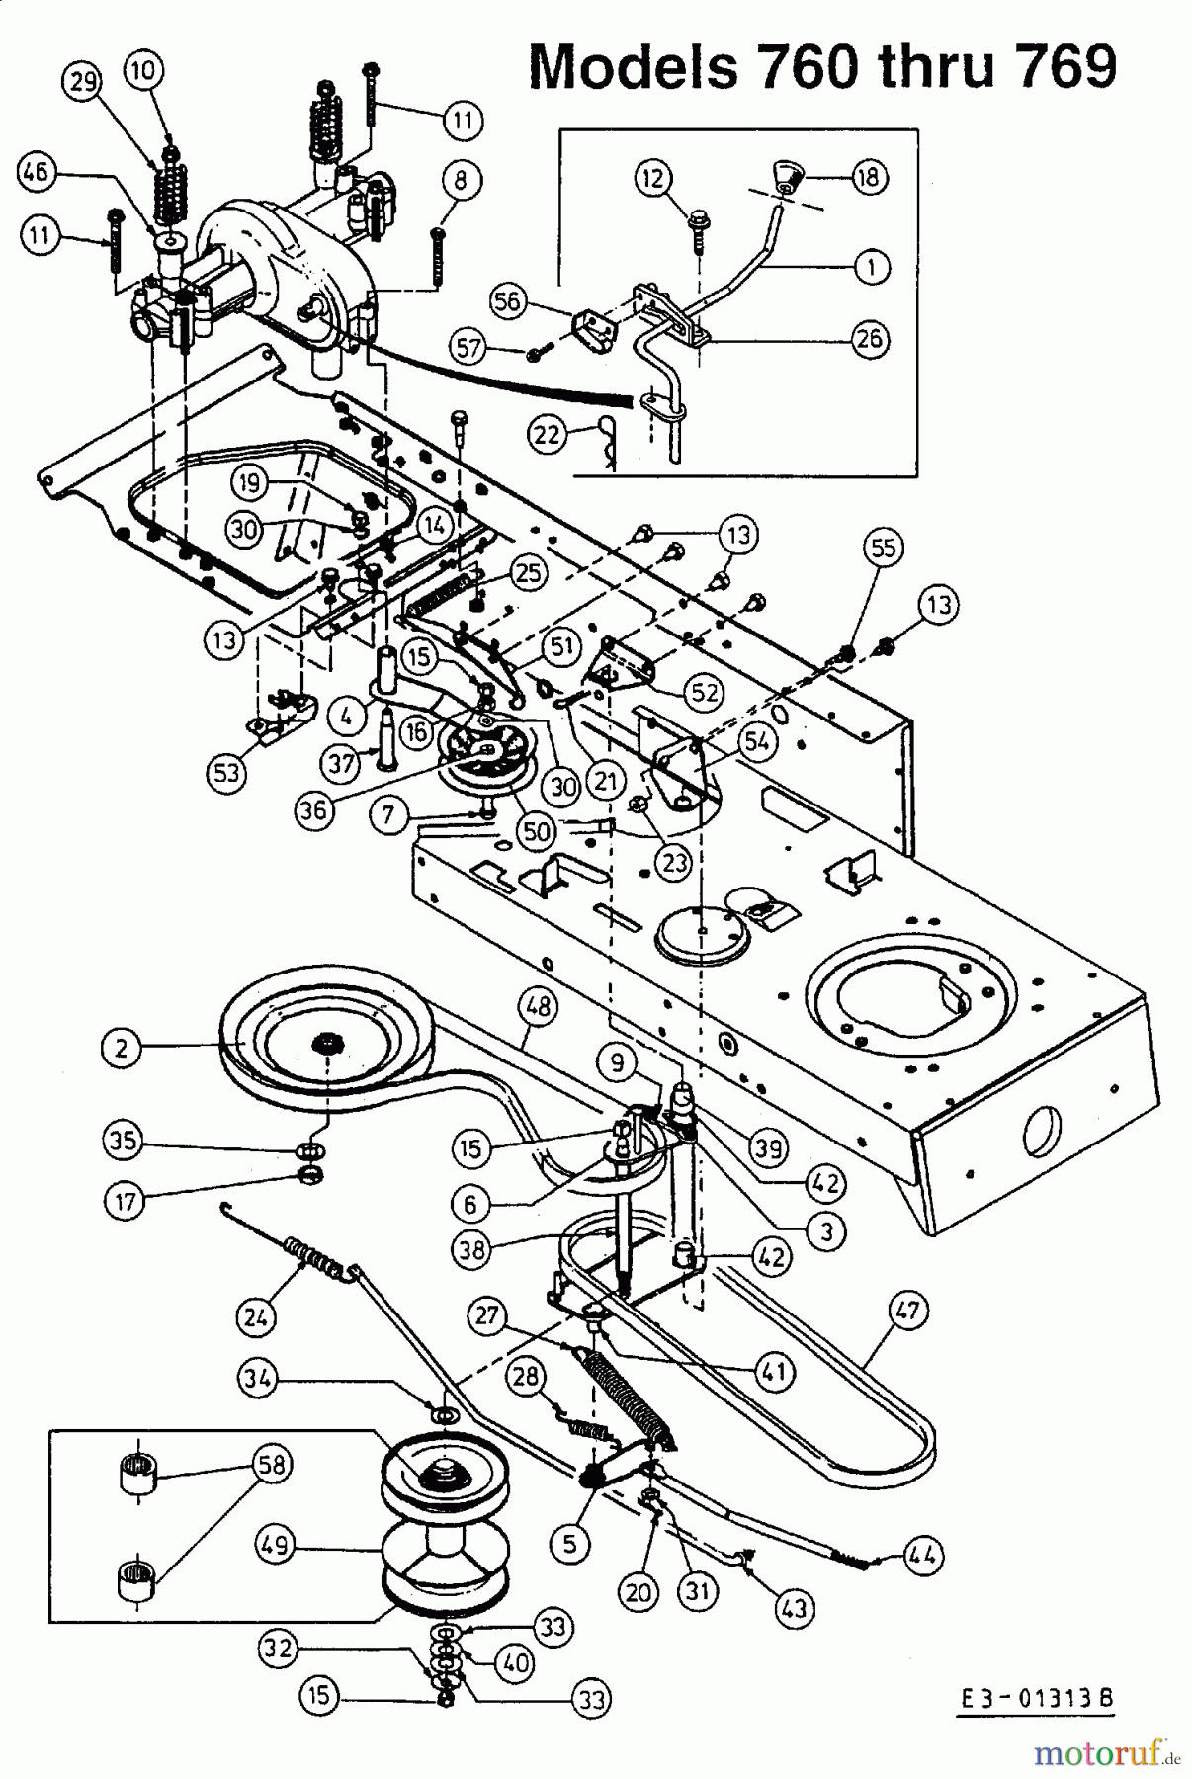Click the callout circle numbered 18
tap(870, 177)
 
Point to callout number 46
tap(37, 174)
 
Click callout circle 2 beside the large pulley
tap(121, 1048)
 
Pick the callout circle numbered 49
tap(276, 1545)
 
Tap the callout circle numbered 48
tap(539, 1007)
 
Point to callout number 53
tap(226, 772)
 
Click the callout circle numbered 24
tap(256, 1316)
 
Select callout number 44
tap(923, 1556)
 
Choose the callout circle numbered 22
tap(549, 434)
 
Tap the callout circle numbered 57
tap(471, 347)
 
